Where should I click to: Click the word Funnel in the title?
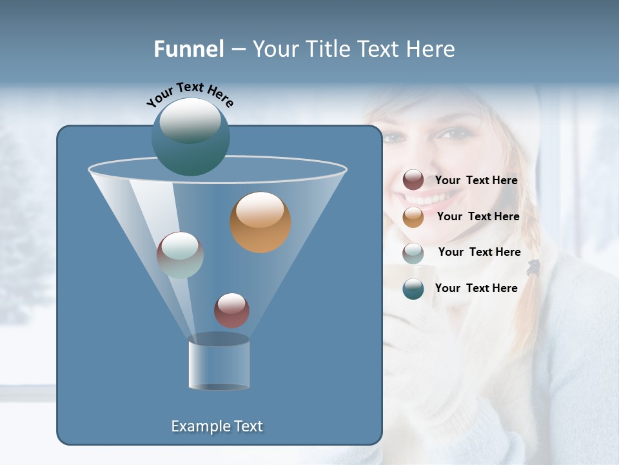pos(188,49)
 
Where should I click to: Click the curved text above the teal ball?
pos(190,93)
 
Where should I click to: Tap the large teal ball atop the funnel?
pos(190,136)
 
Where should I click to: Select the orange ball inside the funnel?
pos(260,222)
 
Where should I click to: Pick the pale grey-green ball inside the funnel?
pos(180,254)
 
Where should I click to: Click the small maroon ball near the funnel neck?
pos(231,310)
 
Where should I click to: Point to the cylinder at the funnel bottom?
pos(219,364)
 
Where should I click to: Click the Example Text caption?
pos(217,426)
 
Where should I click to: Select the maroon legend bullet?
pos(413,180)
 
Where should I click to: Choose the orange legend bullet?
pos(413,217)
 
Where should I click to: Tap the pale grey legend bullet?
pos(413,253)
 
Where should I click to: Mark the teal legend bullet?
pos(413,288)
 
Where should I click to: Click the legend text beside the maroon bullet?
pos(476,181)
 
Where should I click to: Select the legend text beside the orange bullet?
pos(478,217)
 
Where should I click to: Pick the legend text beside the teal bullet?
pos(476,288)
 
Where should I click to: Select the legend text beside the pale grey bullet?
pos(479,252)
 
